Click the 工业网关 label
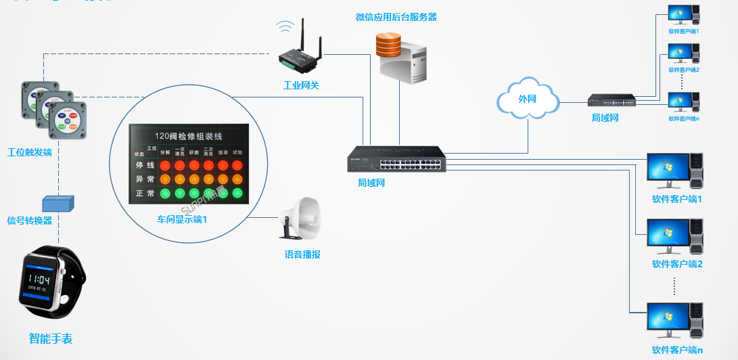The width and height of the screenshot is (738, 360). point(300,85)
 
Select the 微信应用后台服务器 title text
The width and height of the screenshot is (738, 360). point(396,17)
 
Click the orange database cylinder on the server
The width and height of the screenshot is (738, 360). point(388,47)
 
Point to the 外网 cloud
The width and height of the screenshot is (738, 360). point(528,99)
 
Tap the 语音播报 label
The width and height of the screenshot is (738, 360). point(302,255)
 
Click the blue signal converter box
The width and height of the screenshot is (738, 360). point(58,203)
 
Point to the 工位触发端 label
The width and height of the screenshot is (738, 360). point(29,152)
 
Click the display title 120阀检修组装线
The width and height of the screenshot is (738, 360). point(188,135)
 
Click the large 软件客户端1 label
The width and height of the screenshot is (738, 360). point(676,199)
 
